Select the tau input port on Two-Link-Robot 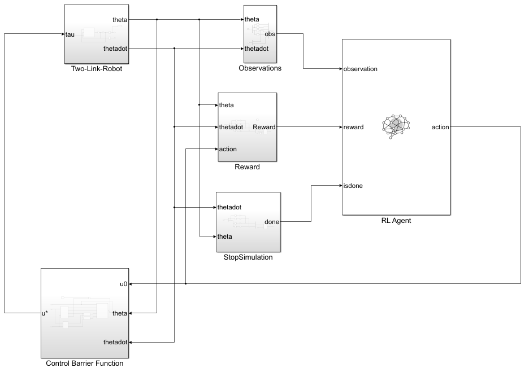coord(70,34)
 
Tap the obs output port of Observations coord(270,34)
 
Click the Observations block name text coord(260,68)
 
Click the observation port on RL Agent coord(359,69)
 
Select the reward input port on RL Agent coord(353,127)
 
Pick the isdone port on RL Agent coord(353,185)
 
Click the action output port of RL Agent coord(440,127)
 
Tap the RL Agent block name coord(396,221)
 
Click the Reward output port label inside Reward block coord(264,127)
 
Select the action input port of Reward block coord(228,149)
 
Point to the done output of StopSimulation coord(272,222)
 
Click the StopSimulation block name coord(248,257)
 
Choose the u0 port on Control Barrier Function coord(123,283)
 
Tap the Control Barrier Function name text coord(85,363)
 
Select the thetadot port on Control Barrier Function coord(116,342)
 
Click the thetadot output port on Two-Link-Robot coord(115,49)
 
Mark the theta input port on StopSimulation coord(225,236)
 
